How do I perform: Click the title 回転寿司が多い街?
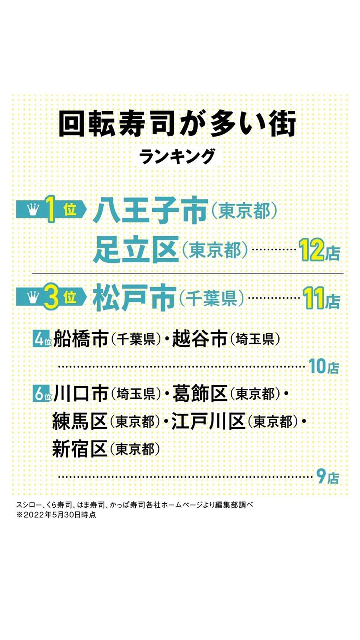pos(177,125)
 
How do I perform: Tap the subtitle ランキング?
pos(177,156)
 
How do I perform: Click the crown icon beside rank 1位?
pos(32,210)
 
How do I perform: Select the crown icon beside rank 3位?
pos(32,298)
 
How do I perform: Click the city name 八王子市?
pos(150,210)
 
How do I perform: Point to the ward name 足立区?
pos(136,250)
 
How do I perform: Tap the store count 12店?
pos(319,250)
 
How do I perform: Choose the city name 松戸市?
pos(134,298)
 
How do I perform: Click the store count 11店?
pos(322,298)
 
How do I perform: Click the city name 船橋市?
pos(81,339)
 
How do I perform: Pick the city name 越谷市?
pos(200,339)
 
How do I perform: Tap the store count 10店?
pos(324,366)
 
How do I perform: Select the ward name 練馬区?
pos(80,421)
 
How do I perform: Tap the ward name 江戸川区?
pos(208,421)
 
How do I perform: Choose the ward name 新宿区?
pos(80,448)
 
